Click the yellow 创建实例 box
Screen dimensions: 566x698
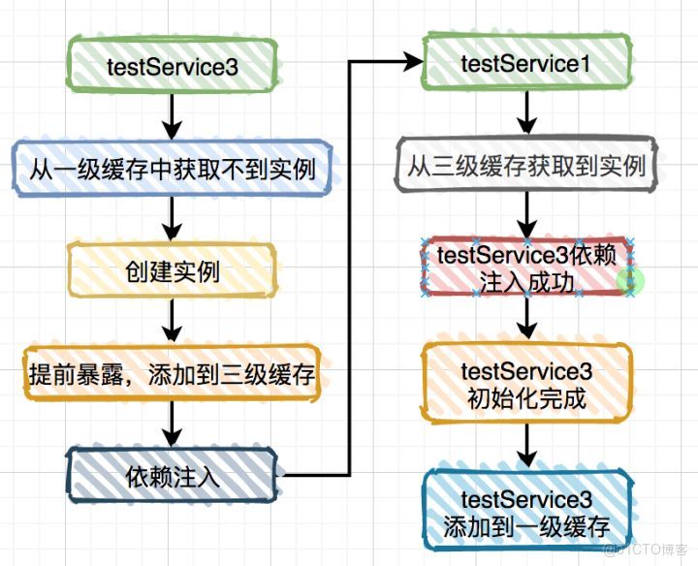pos(172,271)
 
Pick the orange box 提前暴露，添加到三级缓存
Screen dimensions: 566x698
pos(172,373)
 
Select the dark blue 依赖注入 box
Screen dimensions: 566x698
pos(172,476)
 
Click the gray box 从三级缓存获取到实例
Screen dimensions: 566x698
pos(525,165)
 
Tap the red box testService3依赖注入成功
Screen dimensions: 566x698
pos(525,268)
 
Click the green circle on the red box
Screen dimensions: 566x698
pos(631,281)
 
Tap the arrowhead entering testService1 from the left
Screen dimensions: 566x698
pos(413,62)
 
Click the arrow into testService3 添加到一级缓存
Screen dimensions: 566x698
pos(525,449)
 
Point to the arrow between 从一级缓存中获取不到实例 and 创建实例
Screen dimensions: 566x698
pos(172,219)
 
